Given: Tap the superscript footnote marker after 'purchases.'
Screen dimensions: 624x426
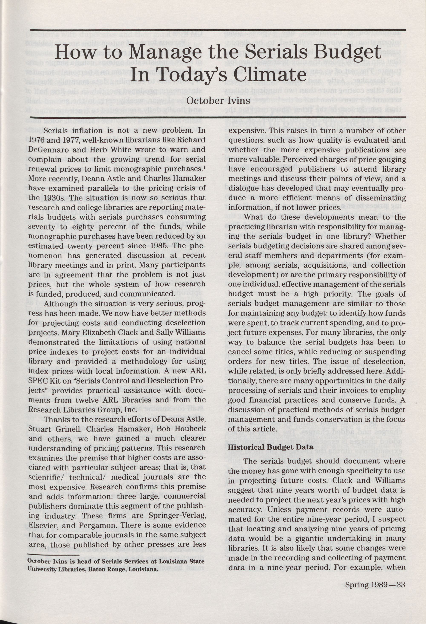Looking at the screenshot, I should tap(205, 167).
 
